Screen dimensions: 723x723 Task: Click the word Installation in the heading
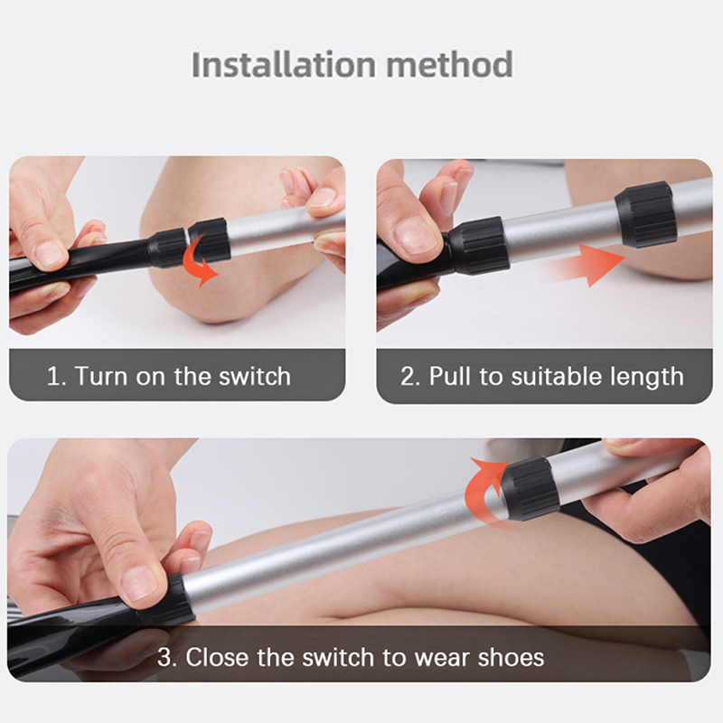pos(284,64)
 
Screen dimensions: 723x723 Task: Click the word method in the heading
pos(449,64)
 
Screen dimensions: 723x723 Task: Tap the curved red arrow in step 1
pos(199,260)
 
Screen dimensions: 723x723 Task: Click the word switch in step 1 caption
pos(255,376)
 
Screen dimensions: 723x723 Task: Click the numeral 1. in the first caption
pos(56,376)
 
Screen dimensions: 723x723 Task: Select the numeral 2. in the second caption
pos(410,376)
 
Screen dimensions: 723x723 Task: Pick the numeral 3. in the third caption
pos(167,657)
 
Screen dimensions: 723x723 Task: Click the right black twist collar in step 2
pos(645,214)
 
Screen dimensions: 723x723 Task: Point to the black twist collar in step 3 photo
pos(531,488)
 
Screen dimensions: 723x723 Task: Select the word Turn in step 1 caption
pos(100,376)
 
